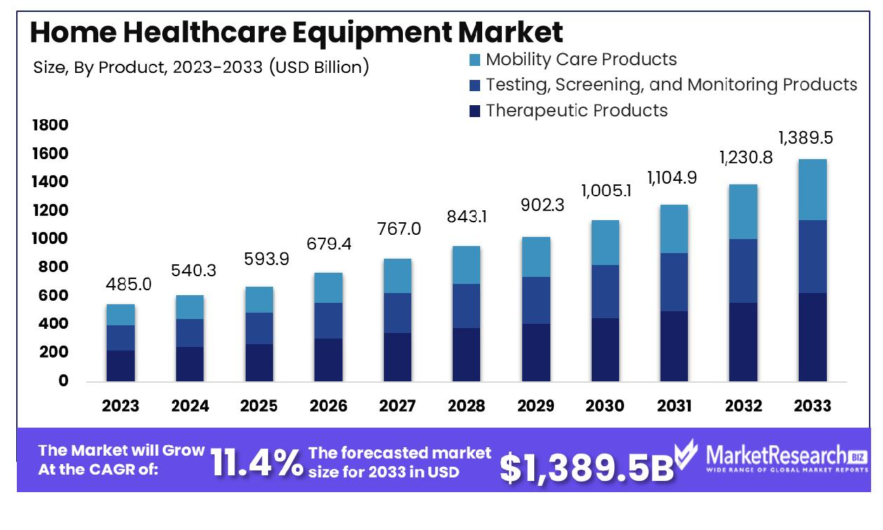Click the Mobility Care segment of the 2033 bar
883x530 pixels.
pos(811,189)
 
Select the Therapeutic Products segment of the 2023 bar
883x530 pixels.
pos(121,365)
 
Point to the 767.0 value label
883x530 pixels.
pos(399,229)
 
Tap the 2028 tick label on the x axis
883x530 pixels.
pos(466,406)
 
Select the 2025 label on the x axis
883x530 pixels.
pos(259,406)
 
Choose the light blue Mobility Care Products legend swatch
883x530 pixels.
pos(474,60)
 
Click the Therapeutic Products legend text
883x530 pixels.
pos(576,110)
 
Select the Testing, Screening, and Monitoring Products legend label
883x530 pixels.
pos(671,85)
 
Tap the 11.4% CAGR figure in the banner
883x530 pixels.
pos(257,463)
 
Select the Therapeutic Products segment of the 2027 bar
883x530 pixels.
pos(397,357)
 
